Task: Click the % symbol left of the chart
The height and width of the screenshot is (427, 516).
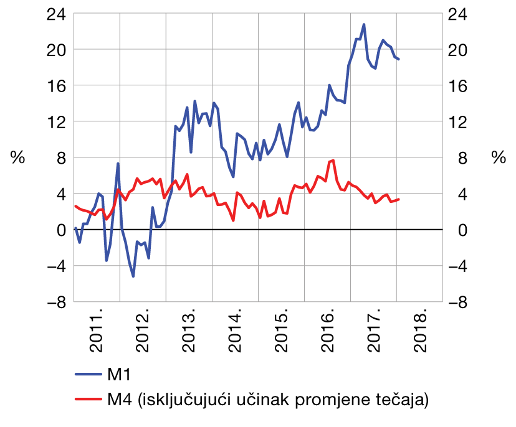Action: point(17,158)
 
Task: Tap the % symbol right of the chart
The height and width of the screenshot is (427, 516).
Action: point(498,158)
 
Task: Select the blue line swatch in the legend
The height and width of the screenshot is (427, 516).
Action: point(89,375)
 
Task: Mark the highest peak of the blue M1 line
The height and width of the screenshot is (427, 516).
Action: point(364,25)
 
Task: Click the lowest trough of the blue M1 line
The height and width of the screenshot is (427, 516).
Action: point(133,276)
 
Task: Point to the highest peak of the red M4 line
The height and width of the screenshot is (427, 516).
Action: point(333,161)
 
